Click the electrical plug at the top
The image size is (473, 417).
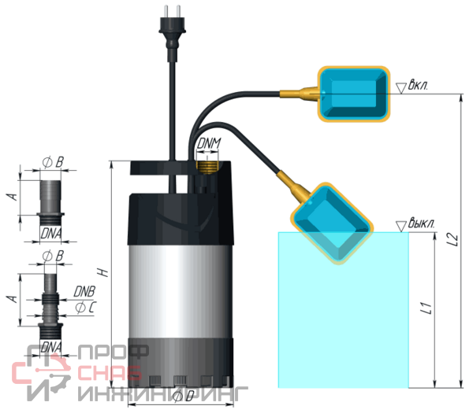pyautogui.click(x=172, y=33)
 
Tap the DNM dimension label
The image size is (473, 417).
pyautogui.click(x=209, y=144)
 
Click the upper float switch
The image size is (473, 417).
pyautogui.click(x=353, y=94)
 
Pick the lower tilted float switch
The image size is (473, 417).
pyautogui.click(x=333, y=223)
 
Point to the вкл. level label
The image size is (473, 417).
pyautogui.click(x=418, y=85)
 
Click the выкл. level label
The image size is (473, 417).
pyautogui.click(x=422, y=223)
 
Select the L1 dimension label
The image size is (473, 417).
pyautogui.click(x=426, y=308)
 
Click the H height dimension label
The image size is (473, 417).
pyautogui.click(x=103, y=272)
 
